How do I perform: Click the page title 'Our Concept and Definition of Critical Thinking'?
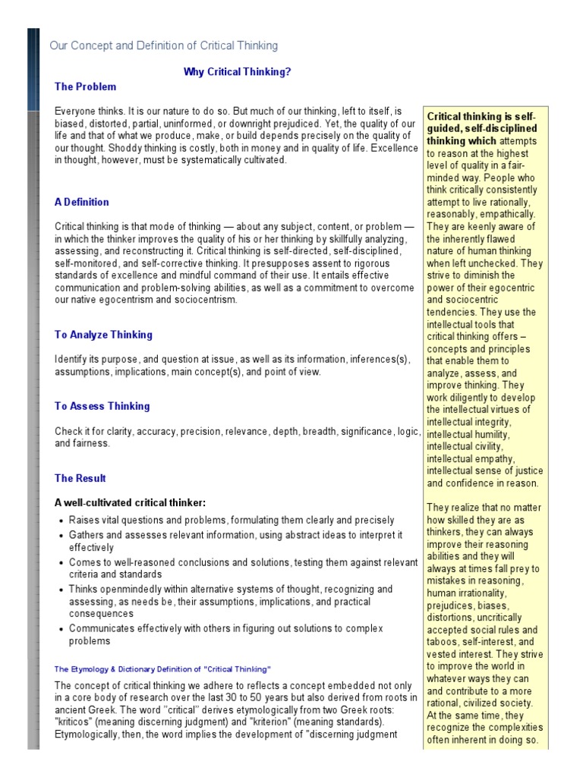point(163,46)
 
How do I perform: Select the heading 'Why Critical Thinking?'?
point(237,71)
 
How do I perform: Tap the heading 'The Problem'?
point(85,87)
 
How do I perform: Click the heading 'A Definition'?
point(81,202)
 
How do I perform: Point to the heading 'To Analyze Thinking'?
point(103,335)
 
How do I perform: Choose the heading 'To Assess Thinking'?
point(102,406)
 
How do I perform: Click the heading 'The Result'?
point(80,478)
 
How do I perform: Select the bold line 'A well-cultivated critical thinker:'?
point(130,502)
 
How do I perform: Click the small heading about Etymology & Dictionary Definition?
point(162,668)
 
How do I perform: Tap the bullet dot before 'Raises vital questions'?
point(61,521)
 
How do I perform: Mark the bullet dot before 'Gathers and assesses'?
point(61,535)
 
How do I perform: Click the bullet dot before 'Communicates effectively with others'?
point(61,628)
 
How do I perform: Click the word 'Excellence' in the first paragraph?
point(392,149)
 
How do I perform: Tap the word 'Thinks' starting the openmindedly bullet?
point(84,589)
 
